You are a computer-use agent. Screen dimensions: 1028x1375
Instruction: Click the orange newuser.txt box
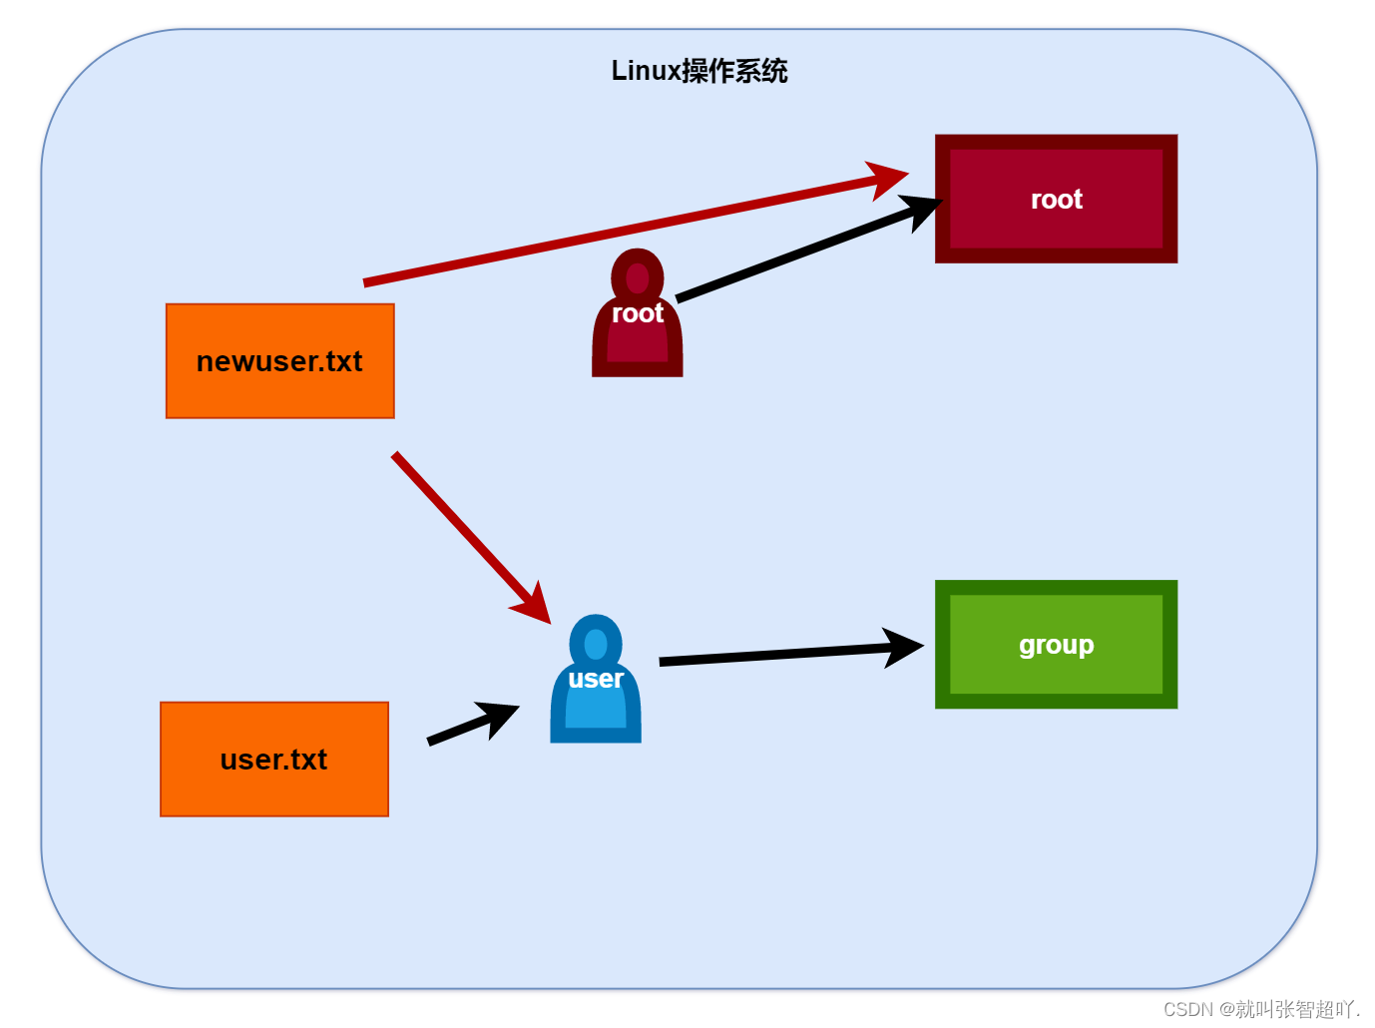[x=279, y=361]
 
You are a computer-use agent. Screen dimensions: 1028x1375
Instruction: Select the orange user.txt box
[x=273, y=760]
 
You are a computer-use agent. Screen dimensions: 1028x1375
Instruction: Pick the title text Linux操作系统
[x=699, y=71]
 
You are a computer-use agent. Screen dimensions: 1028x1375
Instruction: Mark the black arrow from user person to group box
[x=778, y=655]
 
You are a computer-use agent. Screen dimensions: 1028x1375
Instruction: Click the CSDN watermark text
[x=1261, y=1009]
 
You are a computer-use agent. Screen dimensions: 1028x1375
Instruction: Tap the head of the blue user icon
[x=596, y=641]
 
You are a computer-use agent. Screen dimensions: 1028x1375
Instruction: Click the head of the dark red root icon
[x=638, y=275]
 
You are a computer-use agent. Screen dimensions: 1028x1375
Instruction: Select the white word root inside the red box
[x=1056, y=200]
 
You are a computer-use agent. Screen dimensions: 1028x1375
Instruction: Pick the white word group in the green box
[x=1056, y=645]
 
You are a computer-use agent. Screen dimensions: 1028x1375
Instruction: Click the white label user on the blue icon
[x=596, y=679]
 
